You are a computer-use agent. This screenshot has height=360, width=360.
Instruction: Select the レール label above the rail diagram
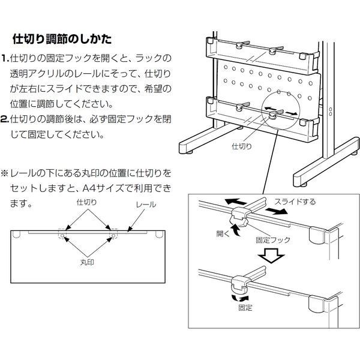point(146,205)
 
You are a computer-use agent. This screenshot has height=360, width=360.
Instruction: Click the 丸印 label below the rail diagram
point(86,263)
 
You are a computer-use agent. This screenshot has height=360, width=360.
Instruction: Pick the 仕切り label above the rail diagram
point(86,205)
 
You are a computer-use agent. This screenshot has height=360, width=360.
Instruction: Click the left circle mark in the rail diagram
point(61,237)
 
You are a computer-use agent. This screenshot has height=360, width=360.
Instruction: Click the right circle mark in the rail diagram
point(112,237)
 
